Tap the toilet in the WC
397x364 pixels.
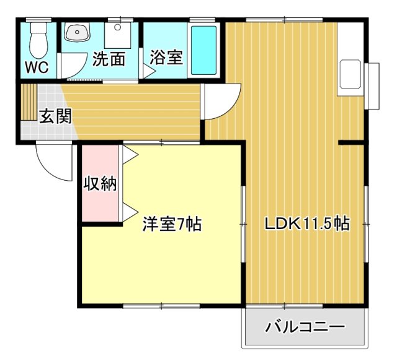pyautogui.click(x=39, y=37)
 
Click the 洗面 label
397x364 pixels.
pyautogui.click(x=109, y=59)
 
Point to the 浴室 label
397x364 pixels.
pyautogui.click(x=166, y=58)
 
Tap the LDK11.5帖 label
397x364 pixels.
pyautogui.click(x=308, y=223)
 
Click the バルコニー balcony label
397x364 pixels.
pyautogui.click(x=305, y=326)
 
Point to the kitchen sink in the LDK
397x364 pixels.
pyautogui.click(x=352, y=77)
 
